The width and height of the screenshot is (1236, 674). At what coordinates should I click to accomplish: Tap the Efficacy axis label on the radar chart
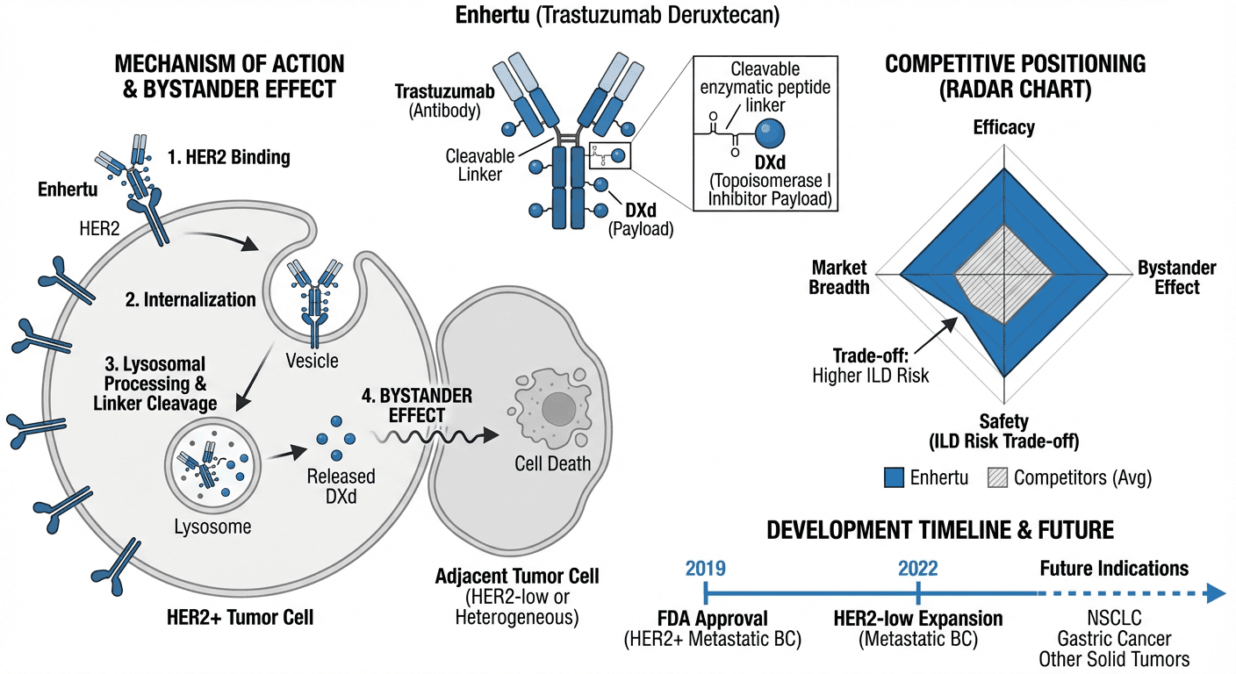[1003, 127]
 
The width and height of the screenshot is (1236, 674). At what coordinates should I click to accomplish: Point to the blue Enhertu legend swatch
[894, 477]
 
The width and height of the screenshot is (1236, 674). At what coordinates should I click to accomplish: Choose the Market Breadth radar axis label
[839, 276]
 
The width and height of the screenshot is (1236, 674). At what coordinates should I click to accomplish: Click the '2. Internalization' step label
[190, 299]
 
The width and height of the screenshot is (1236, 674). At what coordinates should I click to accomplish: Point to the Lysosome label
[213, 527]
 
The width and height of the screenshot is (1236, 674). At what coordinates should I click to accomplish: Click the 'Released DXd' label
[341, 486]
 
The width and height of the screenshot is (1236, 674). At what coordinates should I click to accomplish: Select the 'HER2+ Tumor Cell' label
[239, 617]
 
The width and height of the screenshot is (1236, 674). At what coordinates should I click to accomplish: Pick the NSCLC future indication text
[1114, 619]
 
